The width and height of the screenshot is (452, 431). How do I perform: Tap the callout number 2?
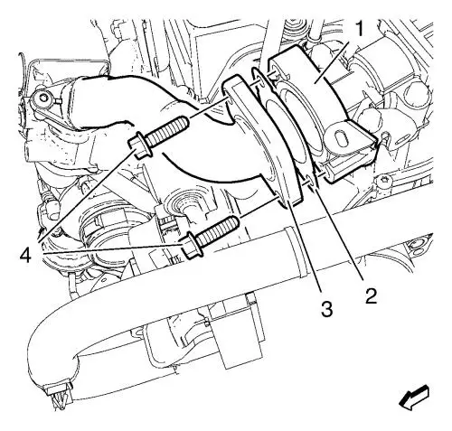pyautogui.click(x=371, y=295)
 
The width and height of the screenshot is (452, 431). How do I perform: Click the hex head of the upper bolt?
pyautogui.click(x=139, y=145)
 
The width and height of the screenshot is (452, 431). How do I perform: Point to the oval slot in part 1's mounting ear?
pyautogui.click(x=339, y=138)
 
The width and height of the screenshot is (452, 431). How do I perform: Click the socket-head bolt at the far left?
pyautogui.click(x=42, y=98)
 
